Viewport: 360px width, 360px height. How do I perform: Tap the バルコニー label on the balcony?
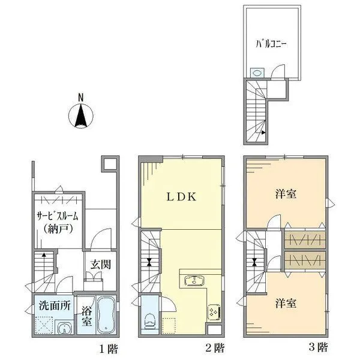[271, 44]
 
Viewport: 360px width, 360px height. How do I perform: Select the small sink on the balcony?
[256, 72]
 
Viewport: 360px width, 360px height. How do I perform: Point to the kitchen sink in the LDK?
[194, 281]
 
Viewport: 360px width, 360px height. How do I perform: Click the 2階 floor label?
[217, 347]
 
